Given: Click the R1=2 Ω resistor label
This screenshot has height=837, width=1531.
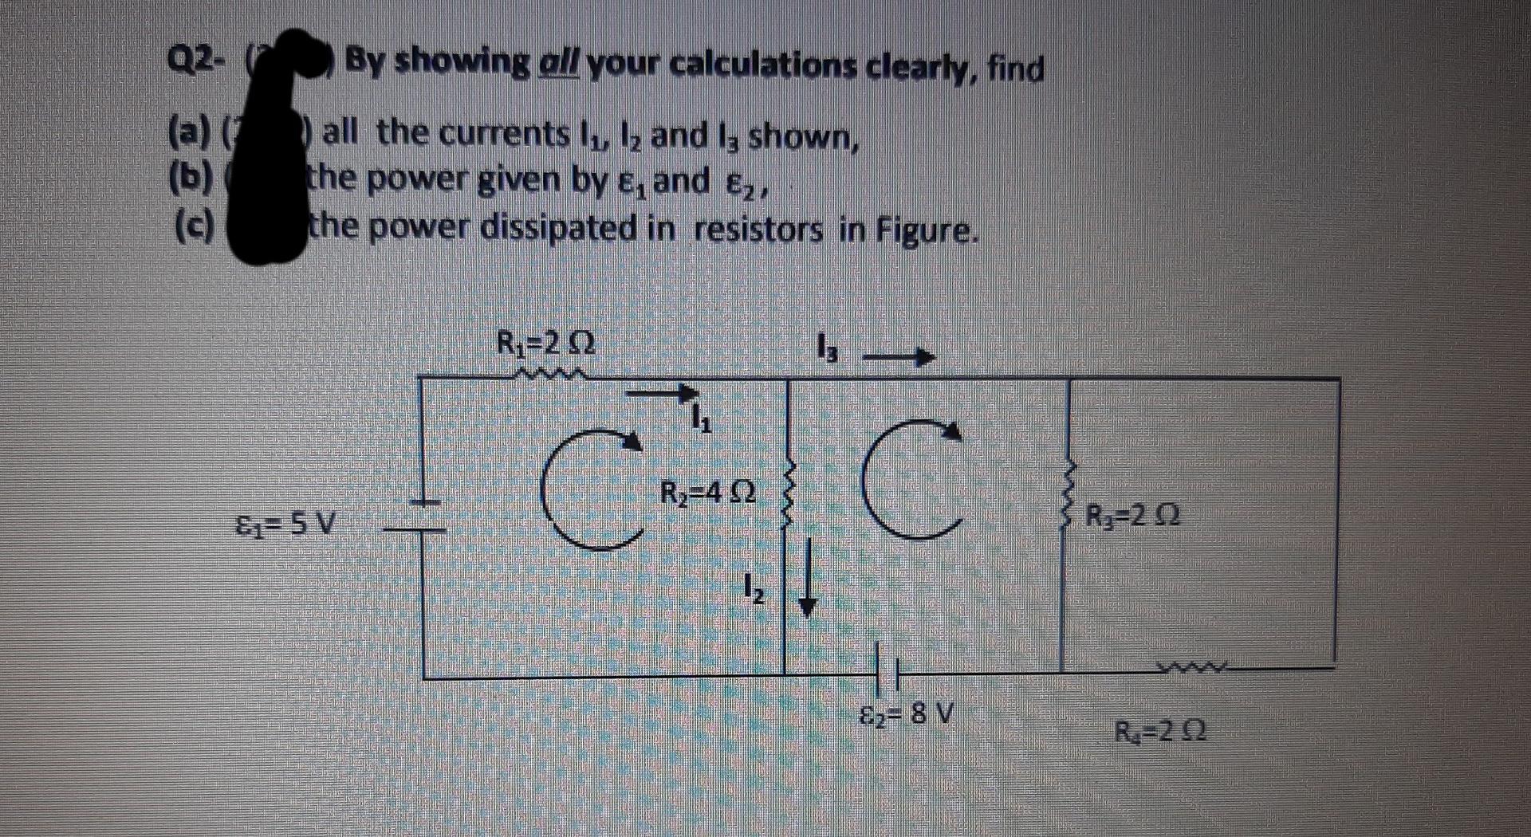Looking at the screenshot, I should [545, 344].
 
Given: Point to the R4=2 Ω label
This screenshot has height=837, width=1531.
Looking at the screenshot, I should [1159, 729].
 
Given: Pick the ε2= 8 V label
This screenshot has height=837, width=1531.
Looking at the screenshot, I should [909, 712].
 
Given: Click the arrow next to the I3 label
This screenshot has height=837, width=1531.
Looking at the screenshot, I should [899, 356].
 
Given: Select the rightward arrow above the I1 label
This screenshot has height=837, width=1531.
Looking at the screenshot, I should [661, 392].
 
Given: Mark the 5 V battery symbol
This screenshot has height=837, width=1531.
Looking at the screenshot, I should [423, 515].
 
